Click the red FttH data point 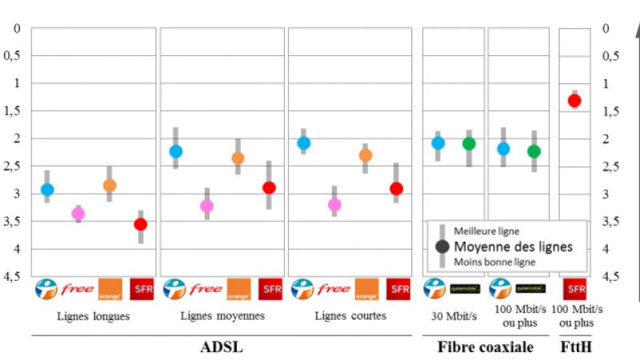point(574,101)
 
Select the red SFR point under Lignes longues point(141,224)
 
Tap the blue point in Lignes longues point(47,190)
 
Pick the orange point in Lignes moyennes point(238,158)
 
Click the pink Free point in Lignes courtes point(334,204)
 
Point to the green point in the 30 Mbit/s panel point(469,144)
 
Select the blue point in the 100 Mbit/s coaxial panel point(503,149)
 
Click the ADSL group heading point(221,347)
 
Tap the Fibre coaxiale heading point(486,347)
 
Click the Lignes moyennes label point(222,315)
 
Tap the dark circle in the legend point(442,246)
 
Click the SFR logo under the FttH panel point(574,289)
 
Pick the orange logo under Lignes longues point(110,289)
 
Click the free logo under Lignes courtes point(334,289)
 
